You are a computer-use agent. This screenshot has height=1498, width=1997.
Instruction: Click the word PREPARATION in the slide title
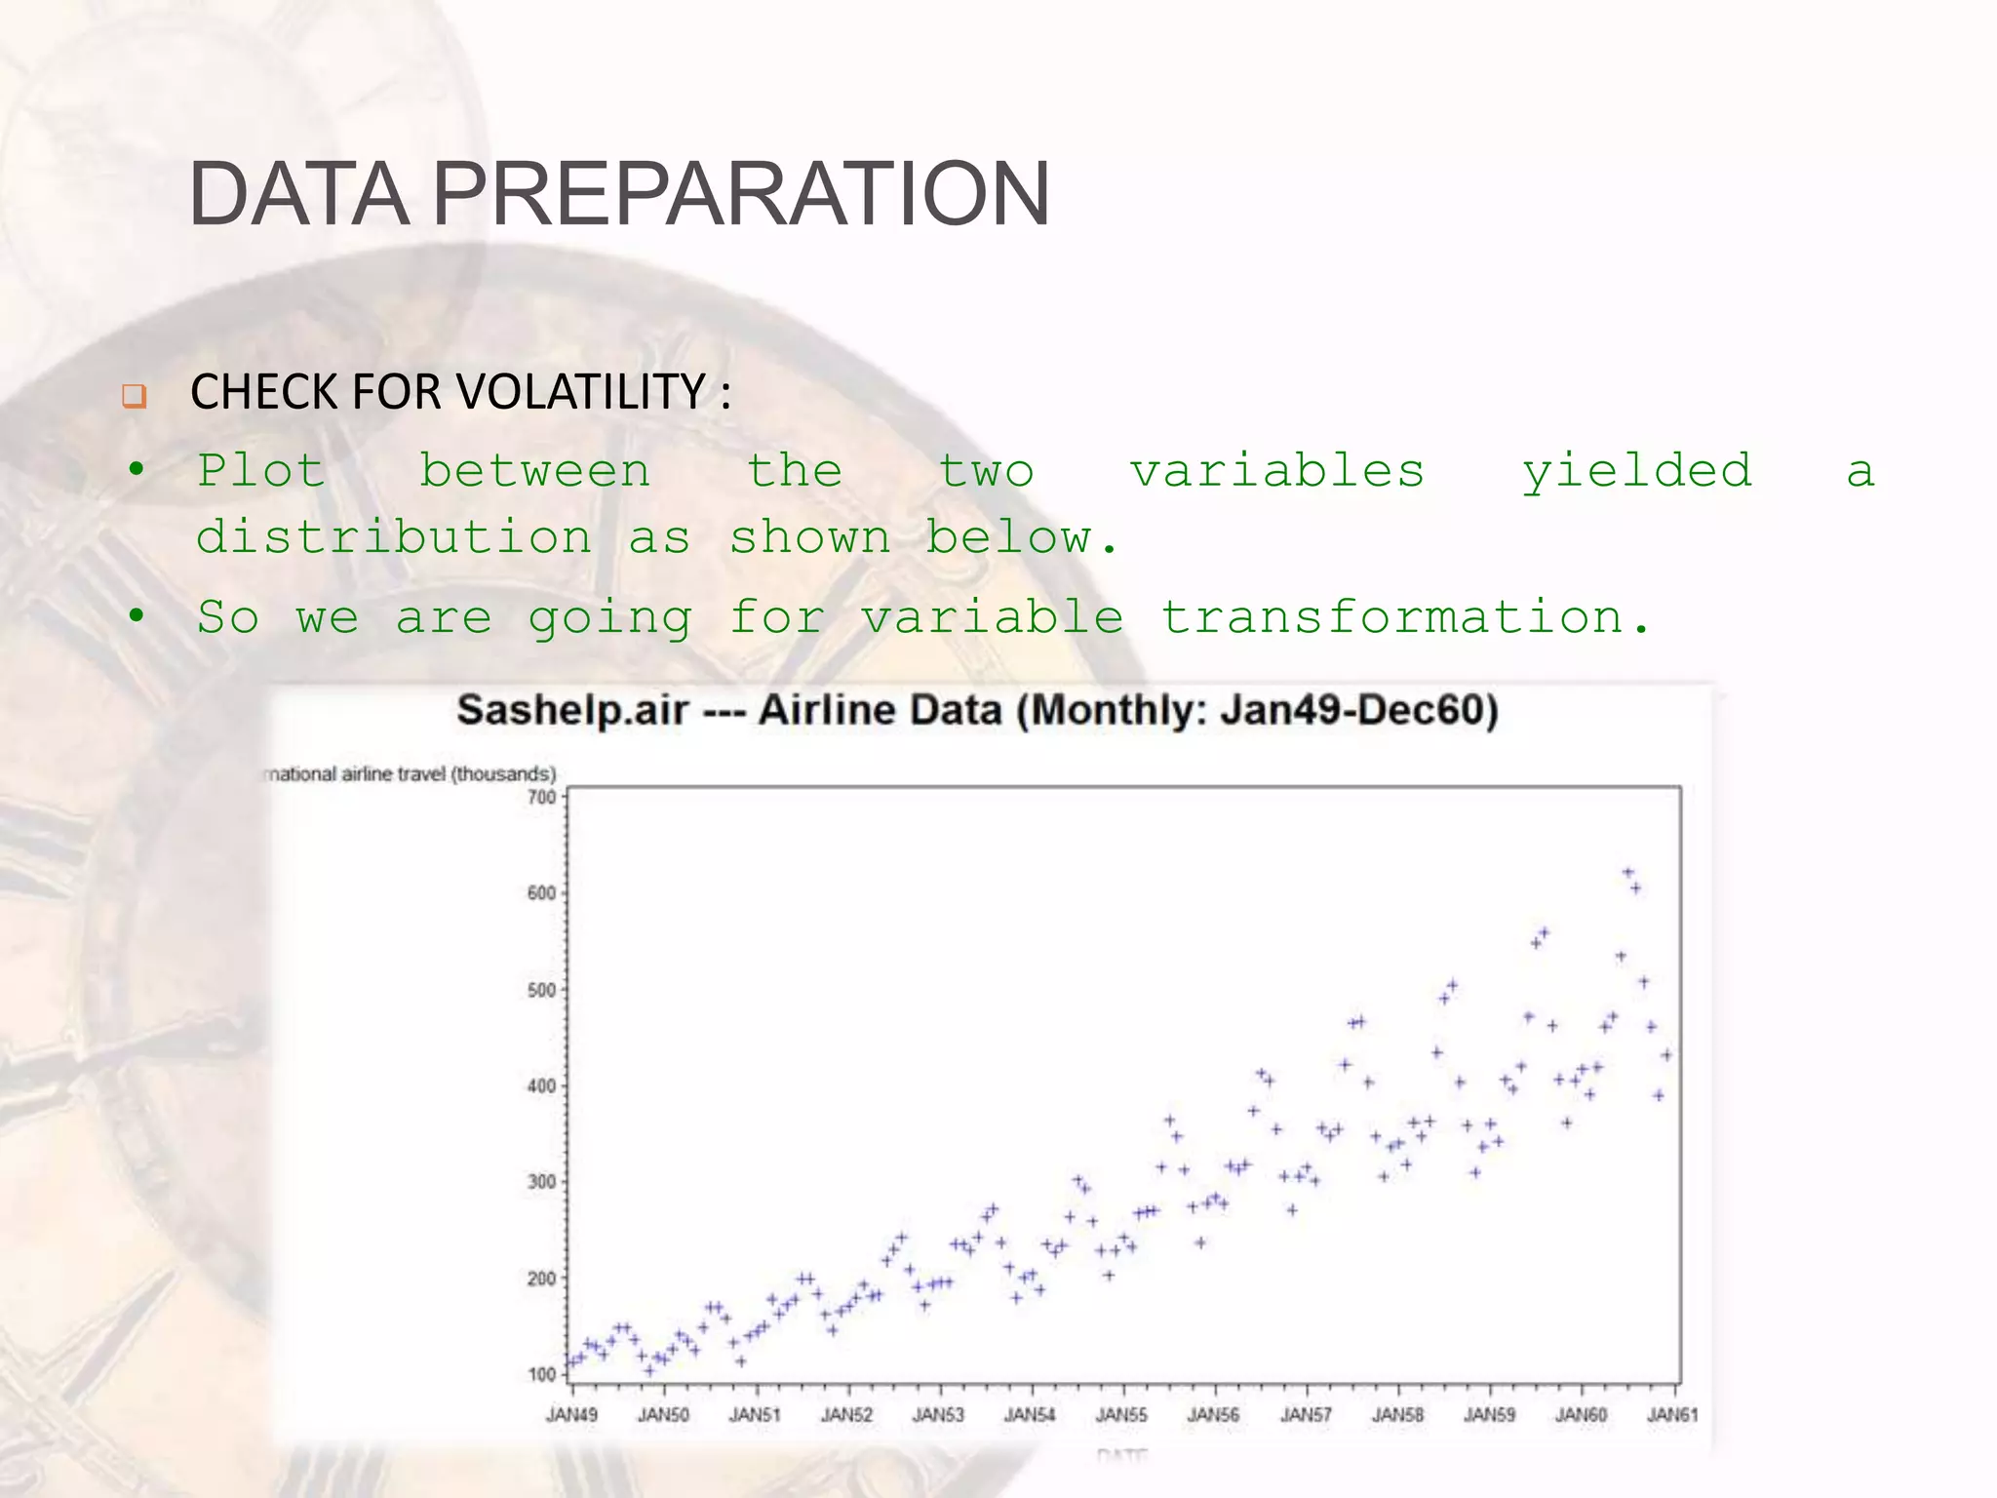point(741,194)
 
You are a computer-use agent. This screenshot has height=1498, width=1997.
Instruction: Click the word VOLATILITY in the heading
point(581,392)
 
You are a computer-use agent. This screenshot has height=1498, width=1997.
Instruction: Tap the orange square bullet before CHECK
point(134,396)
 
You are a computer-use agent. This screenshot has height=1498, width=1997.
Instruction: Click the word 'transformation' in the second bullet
point(1392,617)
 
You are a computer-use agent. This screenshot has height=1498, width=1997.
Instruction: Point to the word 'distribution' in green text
point(394,537)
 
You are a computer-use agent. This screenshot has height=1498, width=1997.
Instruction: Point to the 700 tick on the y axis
point(542,798)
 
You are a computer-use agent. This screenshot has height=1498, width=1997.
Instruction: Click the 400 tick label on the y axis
point(542,1085)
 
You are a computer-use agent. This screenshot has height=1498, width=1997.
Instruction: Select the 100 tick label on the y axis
point(542,1374)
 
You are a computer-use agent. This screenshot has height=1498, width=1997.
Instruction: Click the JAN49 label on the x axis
point(571,1414)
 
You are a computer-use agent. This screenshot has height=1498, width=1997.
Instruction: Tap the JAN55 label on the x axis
point(1121,1414)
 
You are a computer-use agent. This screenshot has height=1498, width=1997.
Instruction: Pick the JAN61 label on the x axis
point(1672,1414)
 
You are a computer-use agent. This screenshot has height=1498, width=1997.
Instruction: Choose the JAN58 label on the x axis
point(1397,1414)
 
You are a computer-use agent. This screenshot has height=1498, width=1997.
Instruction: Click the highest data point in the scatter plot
point(1627,872)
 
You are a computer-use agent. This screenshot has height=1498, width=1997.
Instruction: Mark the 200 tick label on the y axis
point(542,1278)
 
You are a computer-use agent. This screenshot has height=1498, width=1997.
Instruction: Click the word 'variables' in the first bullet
point(1277,472)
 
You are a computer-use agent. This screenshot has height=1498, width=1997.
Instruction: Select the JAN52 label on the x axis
point(846,1414)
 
